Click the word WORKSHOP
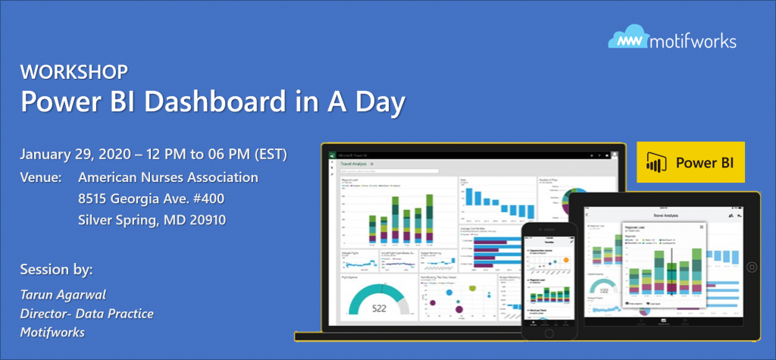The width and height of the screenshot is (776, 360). [74, 73]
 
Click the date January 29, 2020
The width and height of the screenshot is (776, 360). [80, 155]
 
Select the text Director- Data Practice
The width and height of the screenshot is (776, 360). [86, 312]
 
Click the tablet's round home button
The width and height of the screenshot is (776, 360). [753, 268]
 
